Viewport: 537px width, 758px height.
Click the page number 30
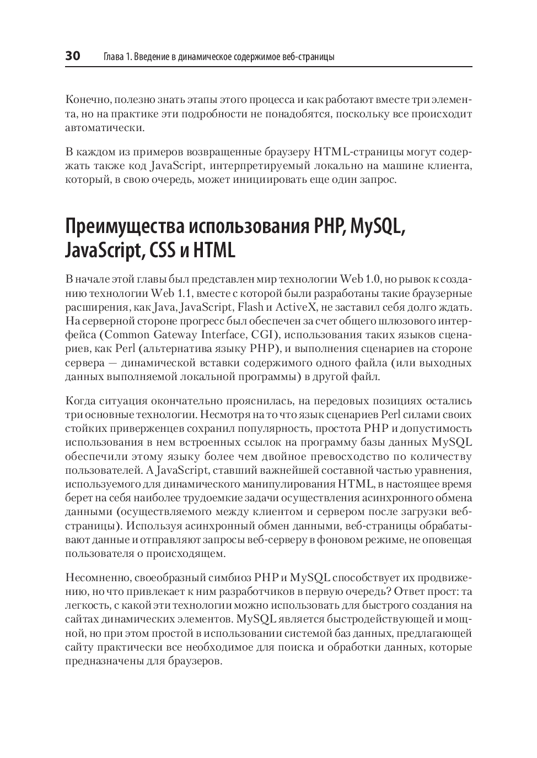(73, 56)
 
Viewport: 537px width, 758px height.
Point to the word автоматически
(97, 128)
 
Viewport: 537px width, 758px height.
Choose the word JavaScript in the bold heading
(101, 251)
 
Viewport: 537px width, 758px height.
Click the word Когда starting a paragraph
(81, 400)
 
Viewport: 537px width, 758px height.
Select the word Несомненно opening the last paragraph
(96, 577)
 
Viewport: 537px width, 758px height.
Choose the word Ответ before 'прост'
(415, 592)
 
